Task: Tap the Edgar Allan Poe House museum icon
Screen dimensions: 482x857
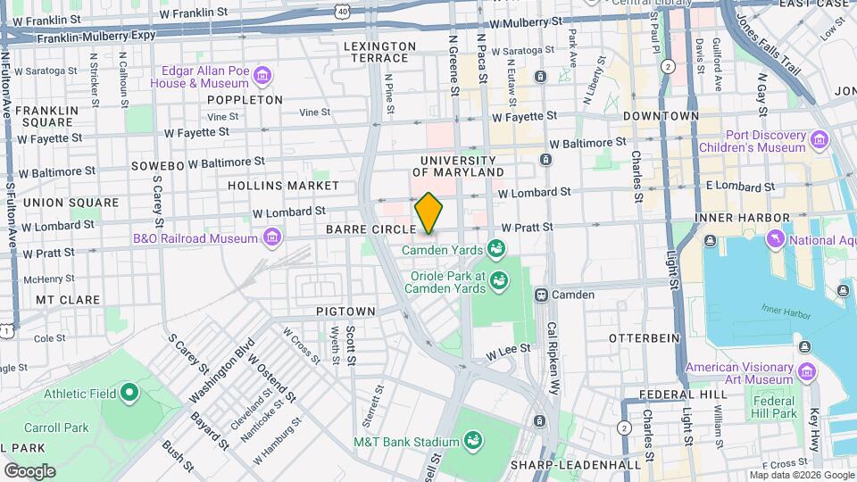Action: point(262,75)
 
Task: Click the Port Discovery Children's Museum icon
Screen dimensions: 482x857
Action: point(819,139)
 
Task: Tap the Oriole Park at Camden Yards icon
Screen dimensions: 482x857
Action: point(500,281)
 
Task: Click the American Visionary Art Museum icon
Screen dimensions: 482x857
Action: point(807,371)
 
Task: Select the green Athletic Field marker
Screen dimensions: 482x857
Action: point(129,391)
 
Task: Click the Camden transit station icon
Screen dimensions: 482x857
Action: point(541,295)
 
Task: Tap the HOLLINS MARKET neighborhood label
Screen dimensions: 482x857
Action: point(283,186)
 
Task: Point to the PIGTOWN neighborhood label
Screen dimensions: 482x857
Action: point(345,312)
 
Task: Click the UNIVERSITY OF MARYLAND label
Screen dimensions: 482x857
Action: point(462,164)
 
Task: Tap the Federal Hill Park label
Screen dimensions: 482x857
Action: point(773,407)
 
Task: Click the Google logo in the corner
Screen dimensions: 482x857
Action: point(29,470)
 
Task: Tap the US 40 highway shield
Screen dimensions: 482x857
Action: point(343,10)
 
